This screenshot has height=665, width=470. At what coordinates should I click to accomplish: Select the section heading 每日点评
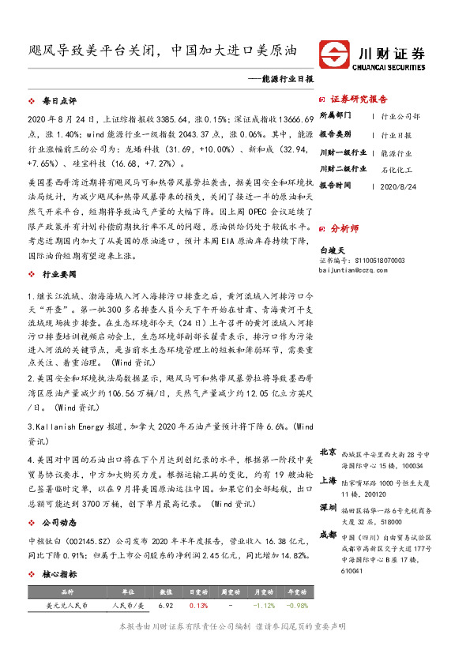(58, 102)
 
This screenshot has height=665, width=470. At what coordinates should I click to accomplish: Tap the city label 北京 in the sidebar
(328, 452)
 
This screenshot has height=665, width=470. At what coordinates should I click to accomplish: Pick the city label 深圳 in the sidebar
(328, 506)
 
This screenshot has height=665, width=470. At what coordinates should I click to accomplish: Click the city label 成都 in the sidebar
(328, 534)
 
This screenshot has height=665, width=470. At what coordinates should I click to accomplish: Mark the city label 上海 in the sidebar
(328, 479)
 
